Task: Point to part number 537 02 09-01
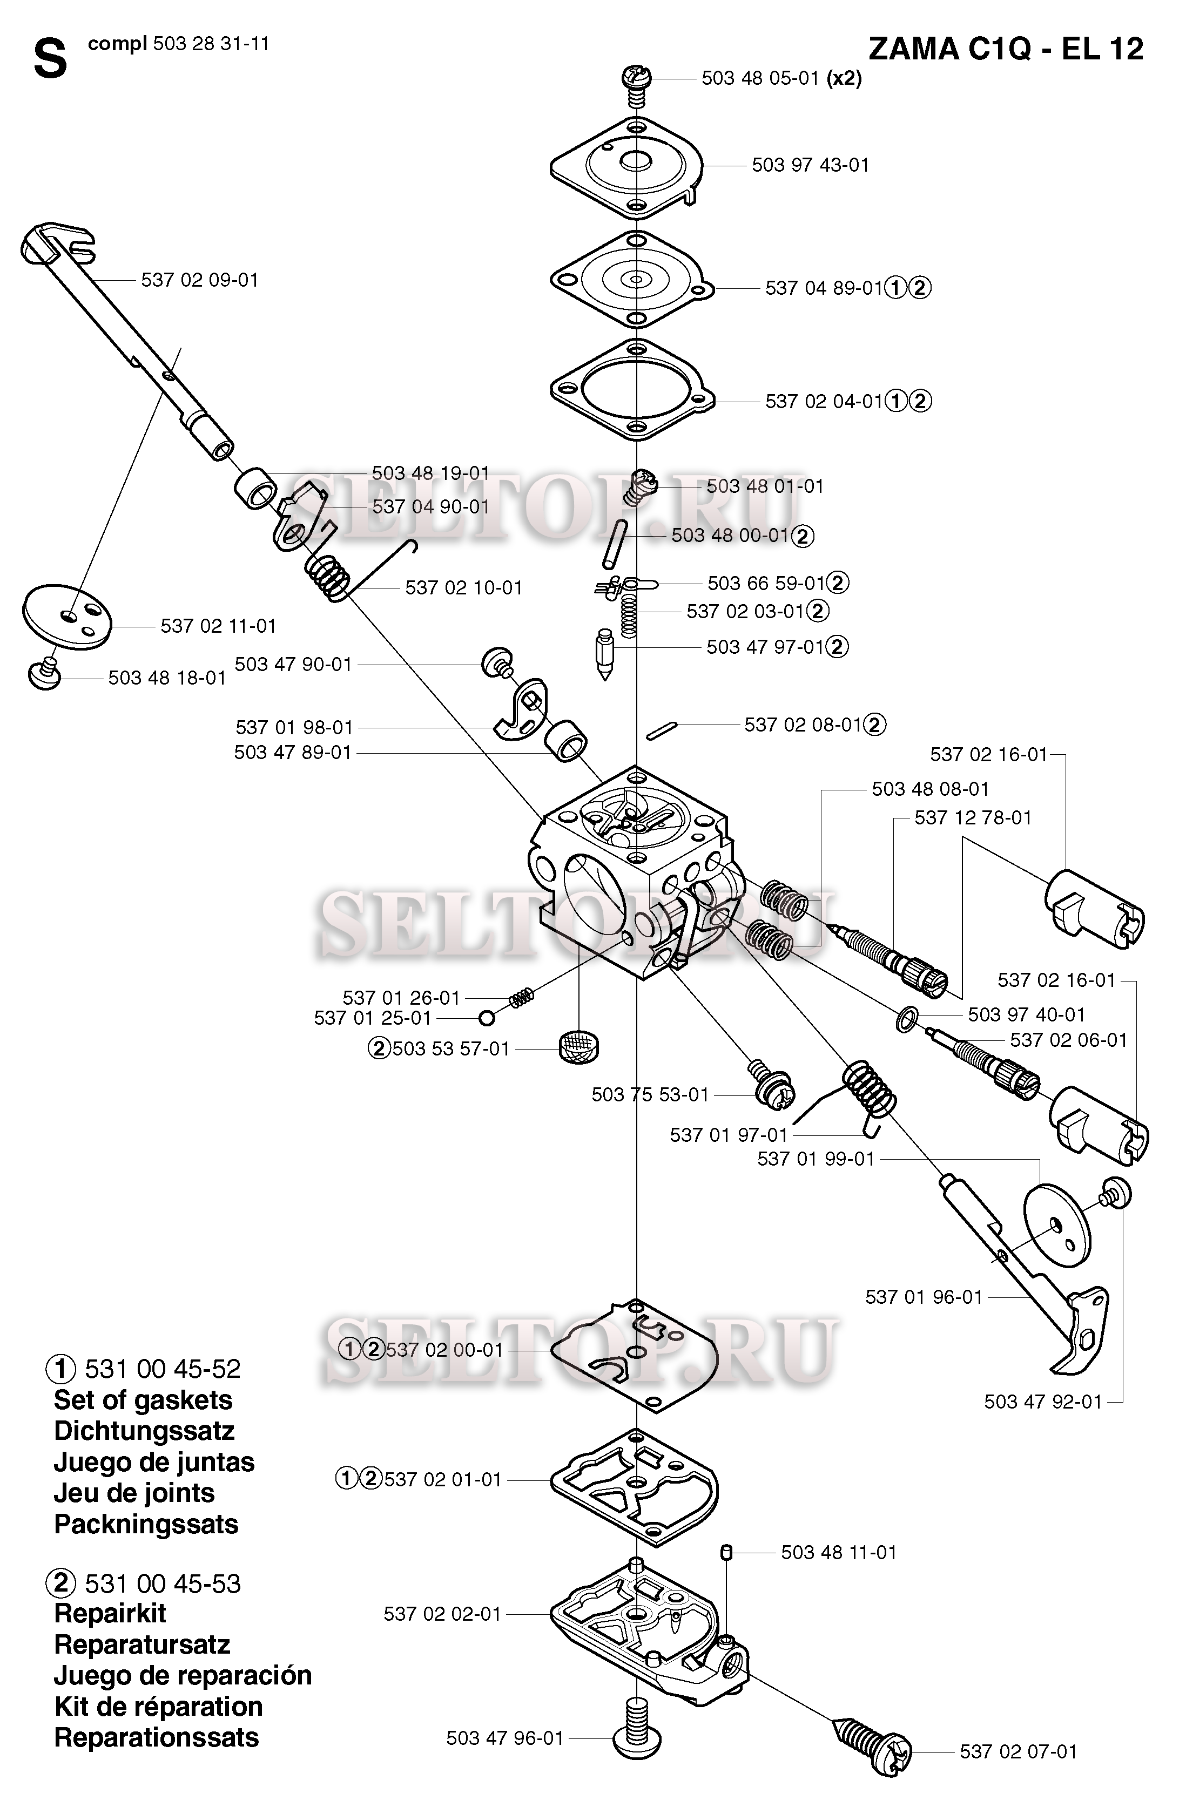200,280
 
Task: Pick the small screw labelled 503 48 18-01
44,673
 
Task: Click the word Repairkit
110,1613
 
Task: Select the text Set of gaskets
143,1400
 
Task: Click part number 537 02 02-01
443,1614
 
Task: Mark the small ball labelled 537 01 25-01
487,1017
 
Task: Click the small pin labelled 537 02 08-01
660,730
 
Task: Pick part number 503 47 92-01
1042,1402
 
